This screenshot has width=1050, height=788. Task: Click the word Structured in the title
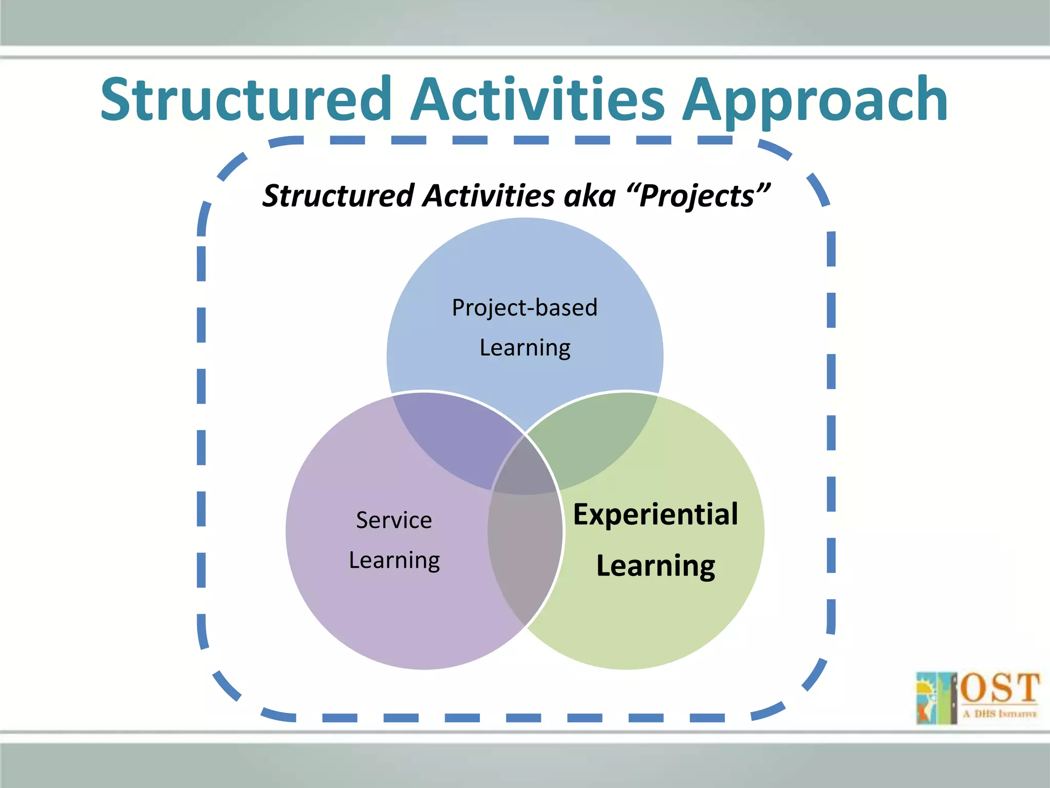(x=246, y=100)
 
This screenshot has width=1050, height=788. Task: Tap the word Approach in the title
(x=815, y=100)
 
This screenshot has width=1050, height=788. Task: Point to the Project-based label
(x=524, y=308)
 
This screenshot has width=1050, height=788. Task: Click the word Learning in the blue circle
(x=524, y=348)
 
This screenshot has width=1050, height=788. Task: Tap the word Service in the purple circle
(x=394, y=520)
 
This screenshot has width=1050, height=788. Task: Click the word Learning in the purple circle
(x=394, y=560)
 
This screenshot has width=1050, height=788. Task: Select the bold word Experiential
(x=655, y=515)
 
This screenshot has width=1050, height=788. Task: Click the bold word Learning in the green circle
(x=655, y=566)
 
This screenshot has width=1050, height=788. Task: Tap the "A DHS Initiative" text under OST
(x=1000, y=714)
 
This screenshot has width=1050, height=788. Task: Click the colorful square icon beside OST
(x=936, y=698)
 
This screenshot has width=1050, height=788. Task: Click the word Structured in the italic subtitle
(x=338, y=196)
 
